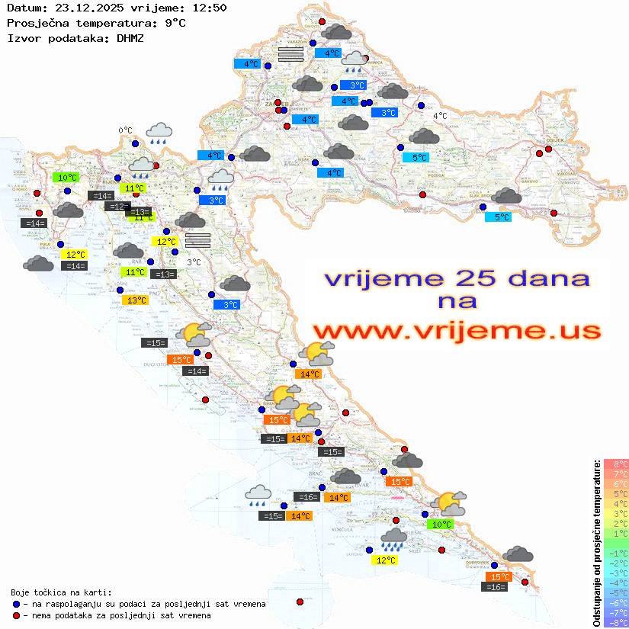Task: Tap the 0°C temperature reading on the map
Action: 125,131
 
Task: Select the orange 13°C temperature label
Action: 136,300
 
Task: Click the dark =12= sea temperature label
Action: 117,207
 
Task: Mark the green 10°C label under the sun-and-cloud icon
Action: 441,525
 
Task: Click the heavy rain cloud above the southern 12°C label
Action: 393,539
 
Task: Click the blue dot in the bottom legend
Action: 16,604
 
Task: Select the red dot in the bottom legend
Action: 16,615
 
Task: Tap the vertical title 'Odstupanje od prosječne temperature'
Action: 596,543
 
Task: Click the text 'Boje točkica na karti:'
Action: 61,592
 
